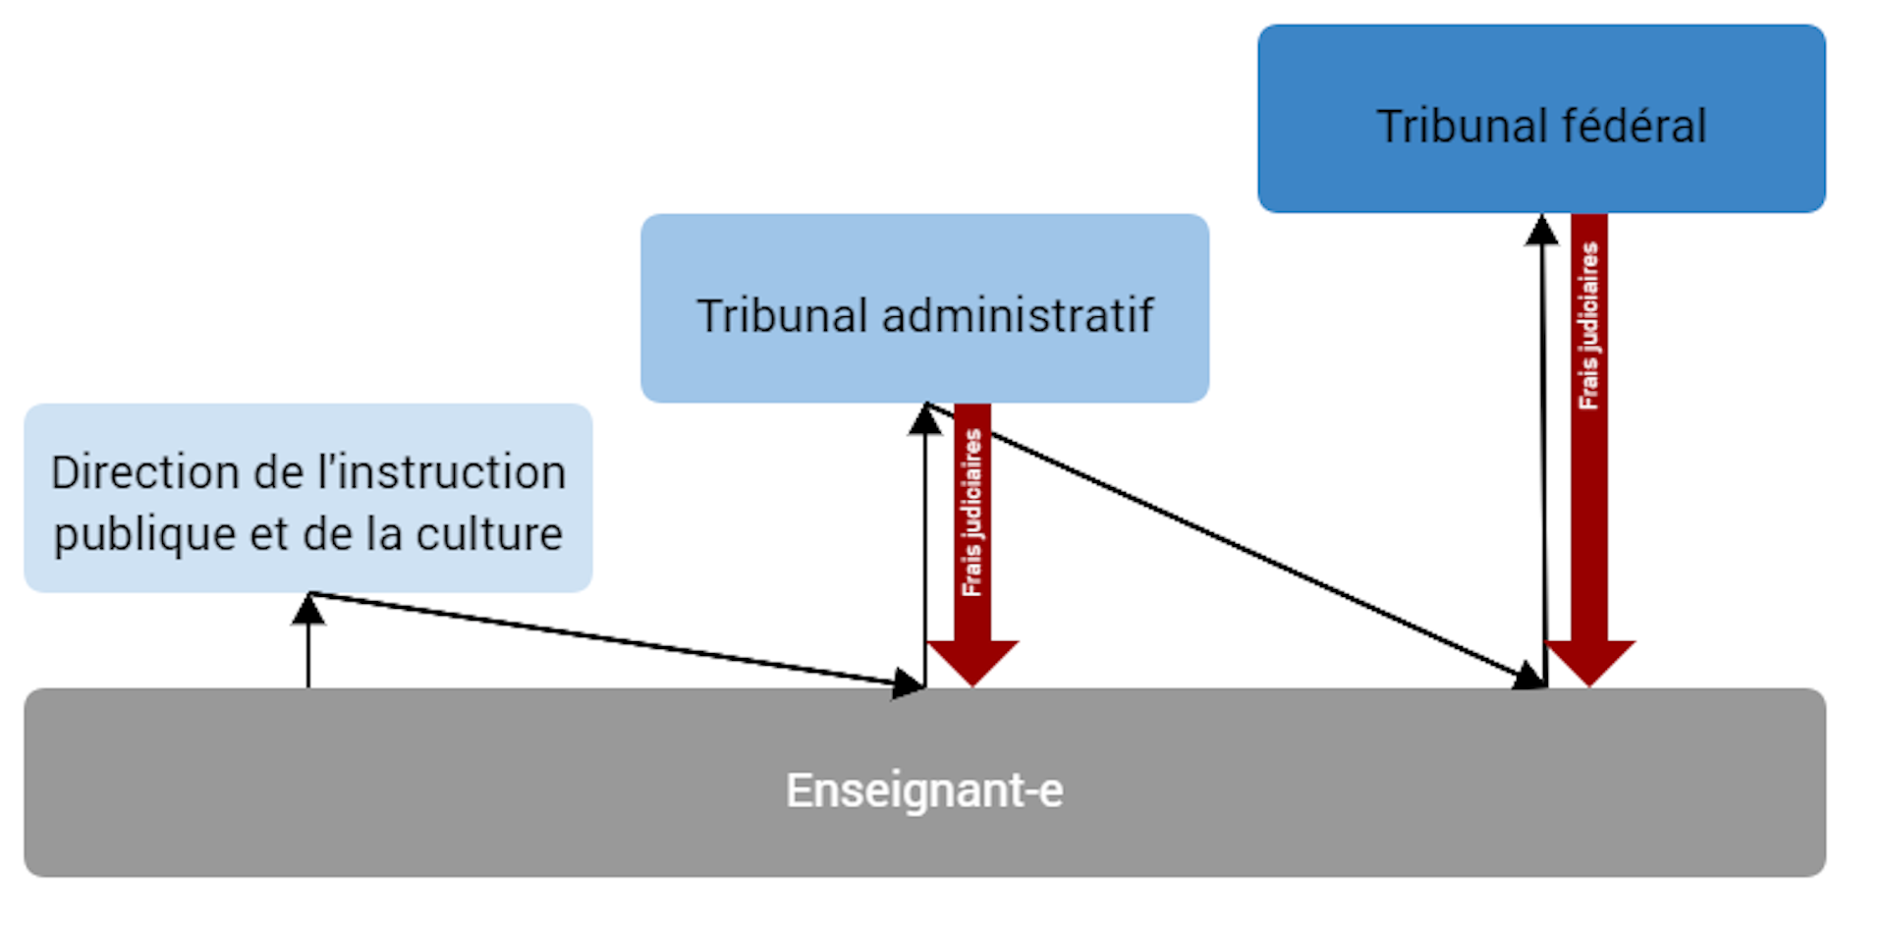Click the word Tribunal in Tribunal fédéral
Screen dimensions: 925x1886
(x=1459, y=126)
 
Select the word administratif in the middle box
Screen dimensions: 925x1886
(x=1017, y=316)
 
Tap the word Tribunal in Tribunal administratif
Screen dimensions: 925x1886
(x=782, y=316)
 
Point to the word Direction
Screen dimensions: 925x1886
(x=144, y=472)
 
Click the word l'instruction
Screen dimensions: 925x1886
(x=439, y=472)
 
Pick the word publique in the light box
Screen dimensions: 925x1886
(x=144, y=535)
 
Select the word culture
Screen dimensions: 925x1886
(x=489, y=535)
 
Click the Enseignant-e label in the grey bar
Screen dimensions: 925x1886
(x=924, y=790)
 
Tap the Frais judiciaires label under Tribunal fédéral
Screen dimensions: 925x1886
(x=1588, y=326)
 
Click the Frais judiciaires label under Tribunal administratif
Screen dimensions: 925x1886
(x=971, y=513)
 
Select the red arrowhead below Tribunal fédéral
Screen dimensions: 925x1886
(x=1589, y=661)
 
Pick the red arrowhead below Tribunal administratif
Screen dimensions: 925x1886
(x=972, y=661)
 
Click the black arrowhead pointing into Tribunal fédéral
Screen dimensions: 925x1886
(x=1541, y=231)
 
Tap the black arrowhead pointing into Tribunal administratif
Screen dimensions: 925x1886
(x=924, y=420)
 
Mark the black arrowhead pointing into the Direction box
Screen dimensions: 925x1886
(x=308, y=611)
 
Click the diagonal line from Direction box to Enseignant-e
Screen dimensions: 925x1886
(x=609, y=638)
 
